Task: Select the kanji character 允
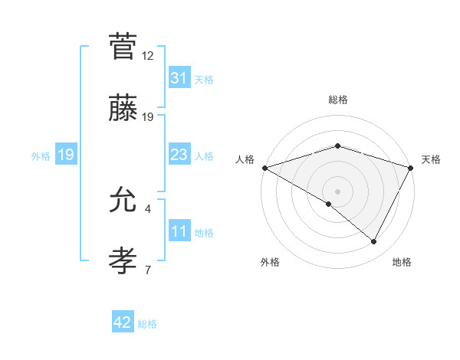click(x=123, y=200)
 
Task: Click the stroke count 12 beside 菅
click(x=148, y=56)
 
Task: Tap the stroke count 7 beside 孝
click(x=148, y=270)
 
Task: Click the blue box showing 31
click(x=179, y=78)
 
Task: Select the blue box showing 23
click(x=179, y=155)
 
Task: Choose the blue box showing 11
click(x=179, y=232)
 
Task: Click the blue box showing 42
click(x=123, y=323)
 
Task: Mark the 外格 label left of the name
click(x=41, y=155)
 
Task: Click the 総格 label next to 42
click(x=147, y=324)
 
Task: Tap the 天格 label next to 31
click(x=204, y=79)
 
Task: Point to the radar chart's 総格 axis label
click(x=337, y=100)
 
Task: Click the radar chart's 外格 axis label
click(x=270, y=263)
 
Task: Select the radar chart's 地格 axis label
click(x=402, y=263)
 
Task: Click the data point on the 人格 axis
click(x=264, y=168)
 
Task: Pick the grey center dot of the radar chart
click(x=337, y=191)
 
